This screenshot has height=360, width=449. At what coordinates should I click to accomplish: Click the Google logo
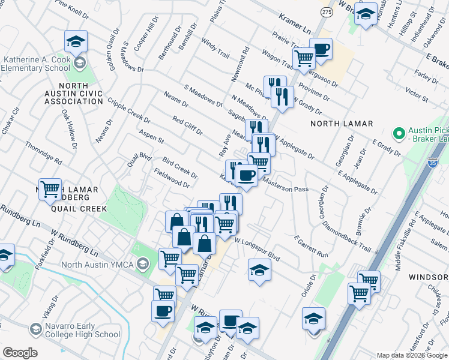pos(20,353)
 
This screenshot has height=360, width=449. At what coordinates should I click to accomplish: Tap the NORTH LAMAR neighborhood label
pos(342,124)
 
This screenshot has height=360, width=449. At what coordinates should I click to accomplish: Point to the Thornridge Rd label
pos(43,153)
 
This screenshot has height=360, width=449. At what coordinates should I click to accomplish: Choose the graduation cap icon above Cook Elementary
pos(76,41)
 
